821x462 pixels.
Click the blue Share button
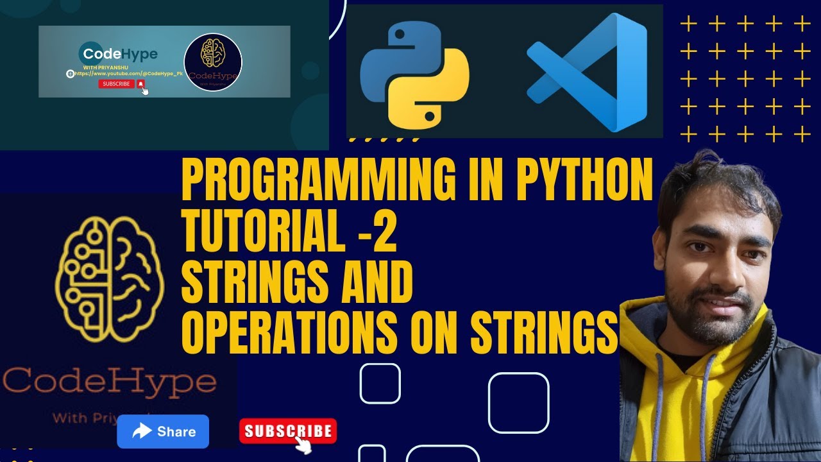click(163, 431)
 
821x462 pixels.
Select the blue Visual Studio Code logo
click(587, 72)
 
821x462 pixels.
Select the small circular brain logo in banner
click(212, 62)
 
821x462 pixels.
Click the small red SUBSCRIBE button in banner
click(116, 84)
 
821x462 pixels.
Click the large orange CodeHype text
click(109, 382)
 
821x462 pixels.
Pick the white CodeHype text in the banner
click(118, 54)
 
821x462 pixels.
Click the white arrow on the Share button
click(142, 431)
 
